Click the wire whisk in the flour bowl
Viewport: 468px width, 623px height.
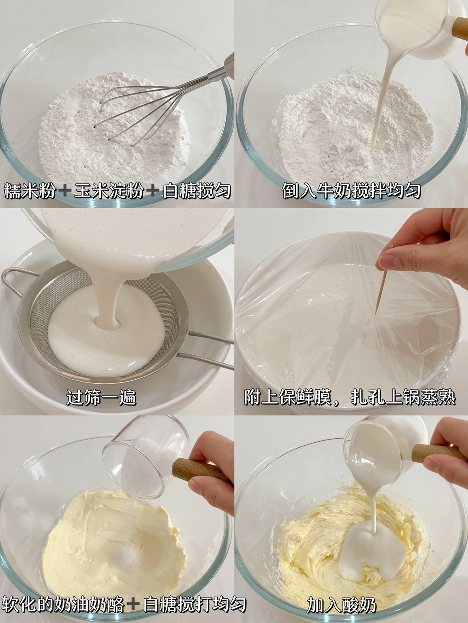[x=159, y=105]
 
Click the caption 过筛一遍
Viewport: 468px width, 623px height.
[x=101, y=397]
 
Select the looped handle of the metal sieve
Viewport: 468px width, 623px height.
[x=17, y=281]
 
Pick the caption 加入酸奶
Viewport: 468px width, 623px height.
[x=341, y=604]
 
